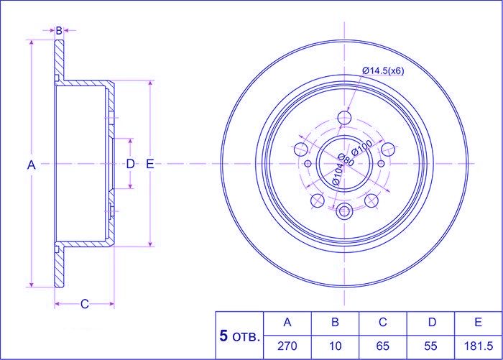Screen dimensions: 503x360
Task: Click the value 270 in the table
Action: click(287, 346)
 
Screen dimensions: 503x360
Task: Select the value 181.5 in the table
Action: click(479, 346)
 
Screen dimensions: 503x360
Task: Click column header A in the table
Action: click(287, 322)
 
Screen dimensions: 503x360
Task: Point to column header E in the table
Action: click(478, 322)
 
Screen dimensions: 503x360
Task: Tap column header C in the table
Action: click(383, 322)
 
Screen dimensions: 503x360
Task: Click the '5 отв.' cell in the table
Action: click(239, 336)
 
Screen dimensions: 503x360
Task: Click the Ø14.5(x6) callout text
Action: click(383, 71)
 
